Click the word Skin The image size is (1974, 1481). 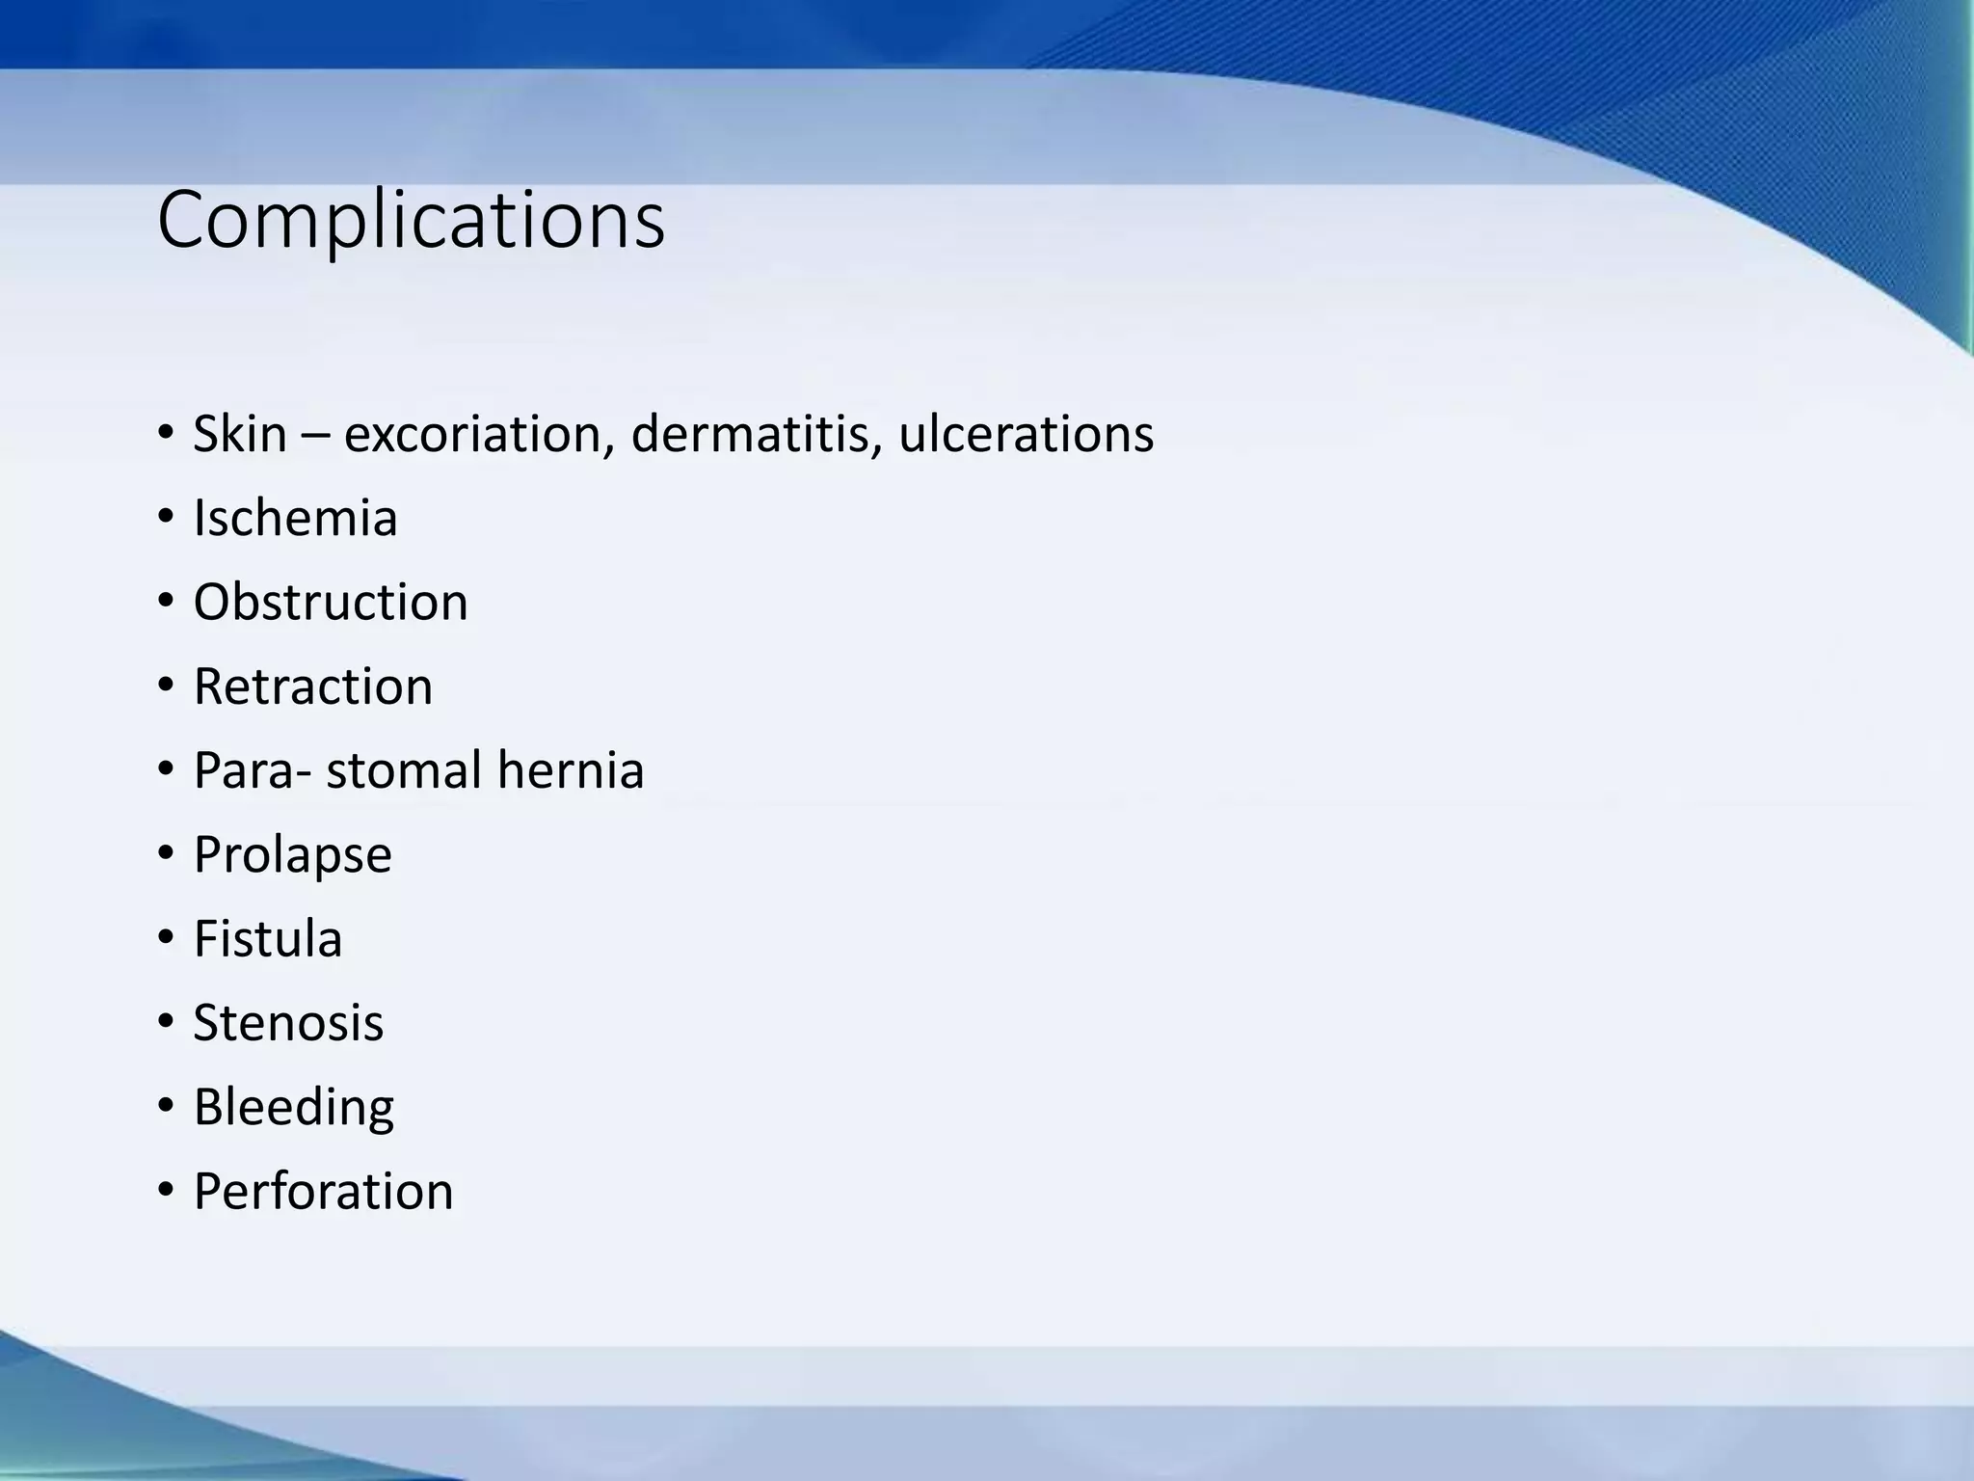[240, 434]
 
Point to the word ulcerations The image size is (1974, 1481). [1026, 434]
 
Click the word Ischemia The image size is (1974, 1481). [295, 518]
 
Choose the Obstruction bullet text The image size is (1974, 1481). [331, 603]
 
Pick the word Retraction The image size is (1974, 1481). [312, 687]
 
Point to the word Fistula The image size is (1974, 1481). [267, 939]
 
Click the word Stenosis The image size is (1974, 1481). [288, 1023]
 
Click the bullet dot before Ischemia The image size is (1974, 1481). [166, 518]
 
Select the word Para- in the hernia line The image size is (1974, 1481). [253, 770]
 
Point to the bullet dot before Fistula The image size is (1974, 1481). [166, 939]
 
